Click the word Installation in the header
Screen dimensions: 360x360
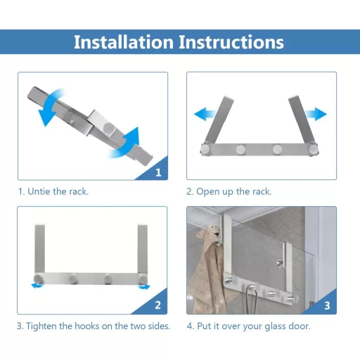tap(124, 42)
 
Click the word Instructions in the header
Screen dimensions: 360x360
tap(231, 42)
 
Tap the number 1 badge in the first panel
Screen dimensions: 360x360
tap(158, 172)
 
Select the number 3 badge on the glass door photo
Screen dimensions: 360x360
tap(327, 305)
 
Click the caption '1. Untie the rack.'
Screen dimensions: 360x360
tap(53, 192)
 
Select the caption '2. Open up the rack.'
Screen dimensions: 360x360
tap(229, 192)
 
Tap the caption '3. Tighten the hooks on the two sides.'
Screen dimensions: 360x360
tap(94, 326)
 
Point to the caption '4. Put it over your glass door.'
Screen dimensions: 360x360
tap(249, 326)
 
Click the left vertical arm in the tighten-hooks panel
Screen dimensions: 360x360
tap(39, 249)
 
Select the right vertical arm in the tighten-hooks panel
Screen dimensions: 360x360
tap(143, 249)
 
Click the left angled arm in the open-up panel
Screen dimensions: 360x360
tap(219, 120)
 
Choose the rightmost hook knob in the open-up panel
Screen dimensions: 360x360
tap(313, 150)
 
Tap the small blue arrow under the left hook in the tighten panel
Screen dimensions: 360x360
tap(37, 285)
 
